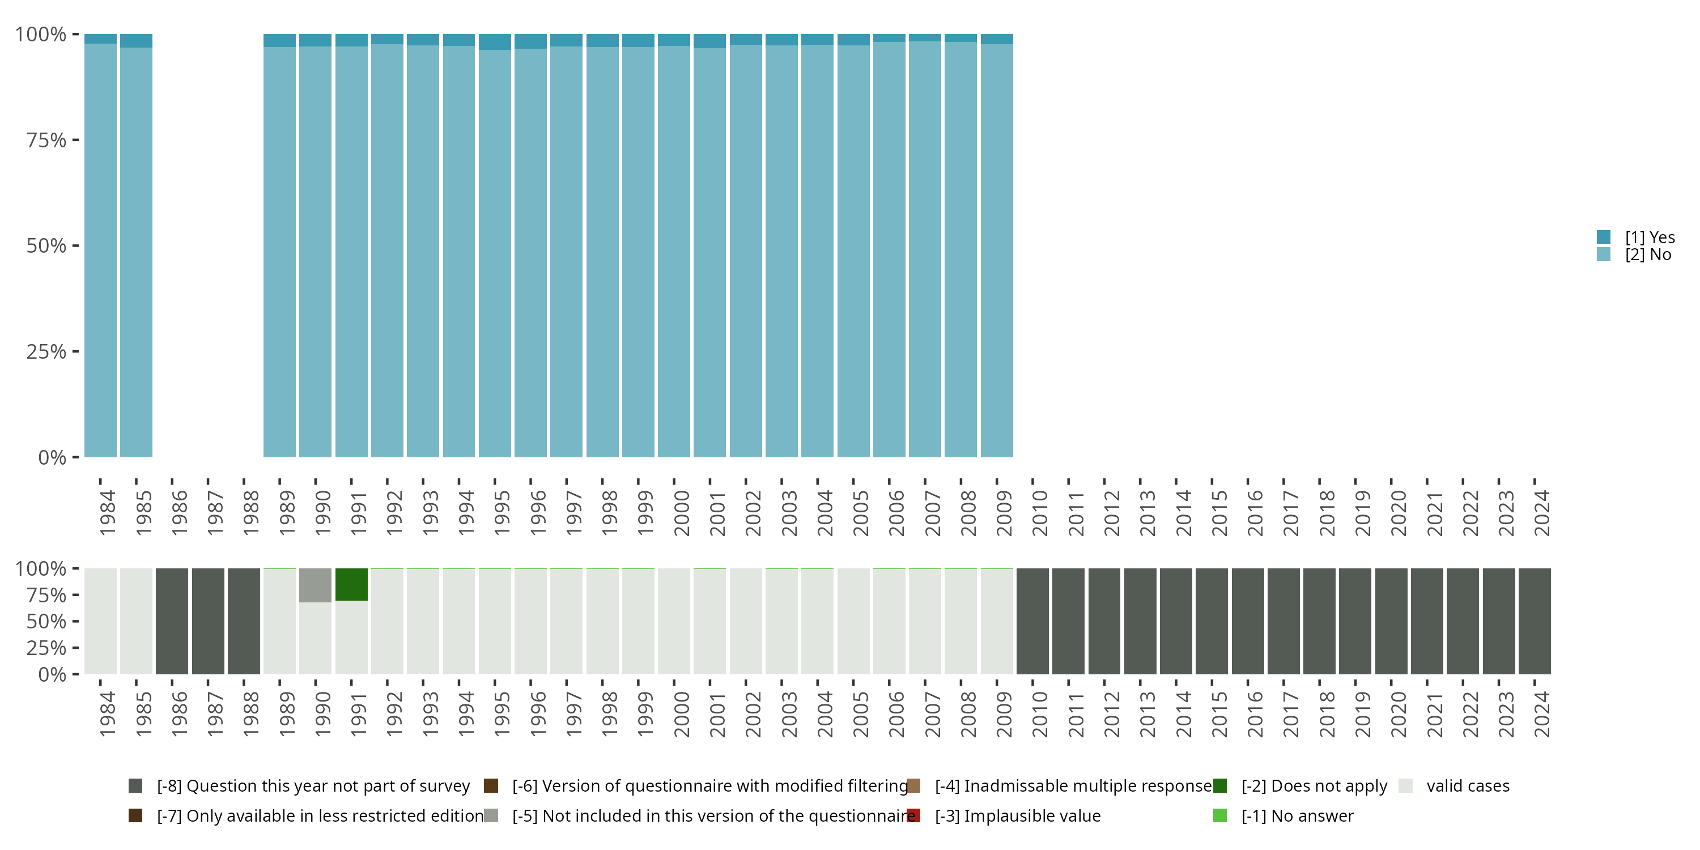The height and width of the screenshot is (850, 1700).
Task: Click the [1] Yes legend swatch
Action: pyautogui.click(x=1604, y=237)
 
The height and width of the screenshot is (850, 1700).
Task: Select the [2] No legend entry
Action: pyautogui.click(x=1647, y=255)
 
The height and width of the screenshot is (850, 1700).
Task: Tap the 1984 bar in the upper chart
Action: pyautogui.click(x=100, y=251)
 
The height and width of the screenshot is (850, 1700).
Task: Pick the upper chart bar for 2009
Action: pyautogui.click(x=997, y=251)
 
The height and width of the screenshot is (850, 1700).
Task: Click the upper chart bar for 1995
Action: pyautogui.click(x=495, y=251)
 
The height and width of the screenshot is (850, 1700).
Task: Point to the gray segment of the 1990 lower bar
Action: pyautogui.click(x=316, y=585)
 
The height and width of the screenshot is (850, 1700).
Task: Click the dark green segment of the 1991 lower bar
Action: pyautogui.click(x=351, y=585)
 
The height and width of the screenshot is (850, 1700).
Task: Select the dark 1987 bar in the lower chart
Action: pyautogui.click(x=208, y=621)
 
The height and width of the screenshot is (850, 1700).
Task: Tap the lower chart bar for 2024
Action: pyautogui.click(x=1535, y=621)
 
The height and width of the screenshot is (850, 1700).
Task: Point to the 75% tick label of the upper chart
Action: pyautogui.click(x=46, y=140)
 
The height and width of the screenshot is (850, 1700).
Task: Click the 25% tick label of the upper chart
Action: pyautogui.click(x=46, y=352)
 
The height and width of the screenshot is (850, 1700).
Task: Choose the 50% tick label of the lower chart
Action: pyautogui.click(x=46, y=622)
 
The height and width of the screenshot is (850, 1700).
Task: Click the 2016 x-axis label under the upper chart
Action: pyautogui.click(x=1255, y=513)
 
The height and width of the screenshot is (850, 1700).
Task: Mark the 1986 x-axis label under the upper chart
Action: pyautogui.click(x=179, y=513)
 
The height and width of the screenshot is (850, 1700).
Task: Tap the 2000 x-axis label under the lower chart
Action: pyautogui.click(x=681, y=715)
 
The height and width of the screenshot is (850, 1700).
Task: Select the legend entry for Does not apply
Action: pyautogui.click(x=1314, y=786)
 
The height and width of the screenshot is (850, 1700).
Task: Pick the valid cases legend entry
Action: pyautogui.click(x=1467, y=786)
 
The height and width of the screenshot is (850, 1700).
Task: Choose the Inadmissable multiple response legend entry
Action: pyautogui.click(x=1072, y=786)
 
